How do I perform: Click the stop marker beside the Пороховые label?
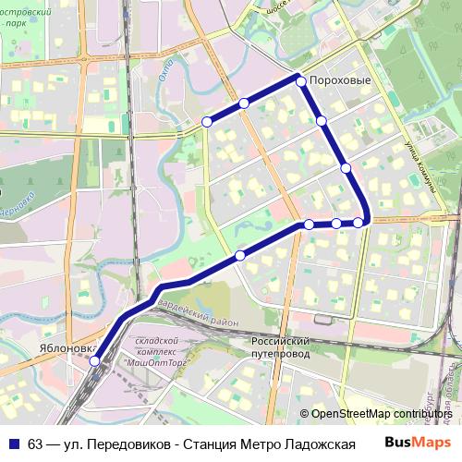pyautogui.click(x=301, y=81)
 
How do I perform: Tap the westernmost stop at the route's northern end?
pyautogui.click(x=207, y=121)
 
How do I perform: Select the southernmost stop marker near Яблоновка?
pyautogui.click(x=94, y=361)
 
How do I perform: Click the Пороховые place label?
pyautogui.click(x=340, y=81)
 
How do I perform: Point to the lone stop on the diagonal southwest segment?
pyautogui.click(x=240, y=255)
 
